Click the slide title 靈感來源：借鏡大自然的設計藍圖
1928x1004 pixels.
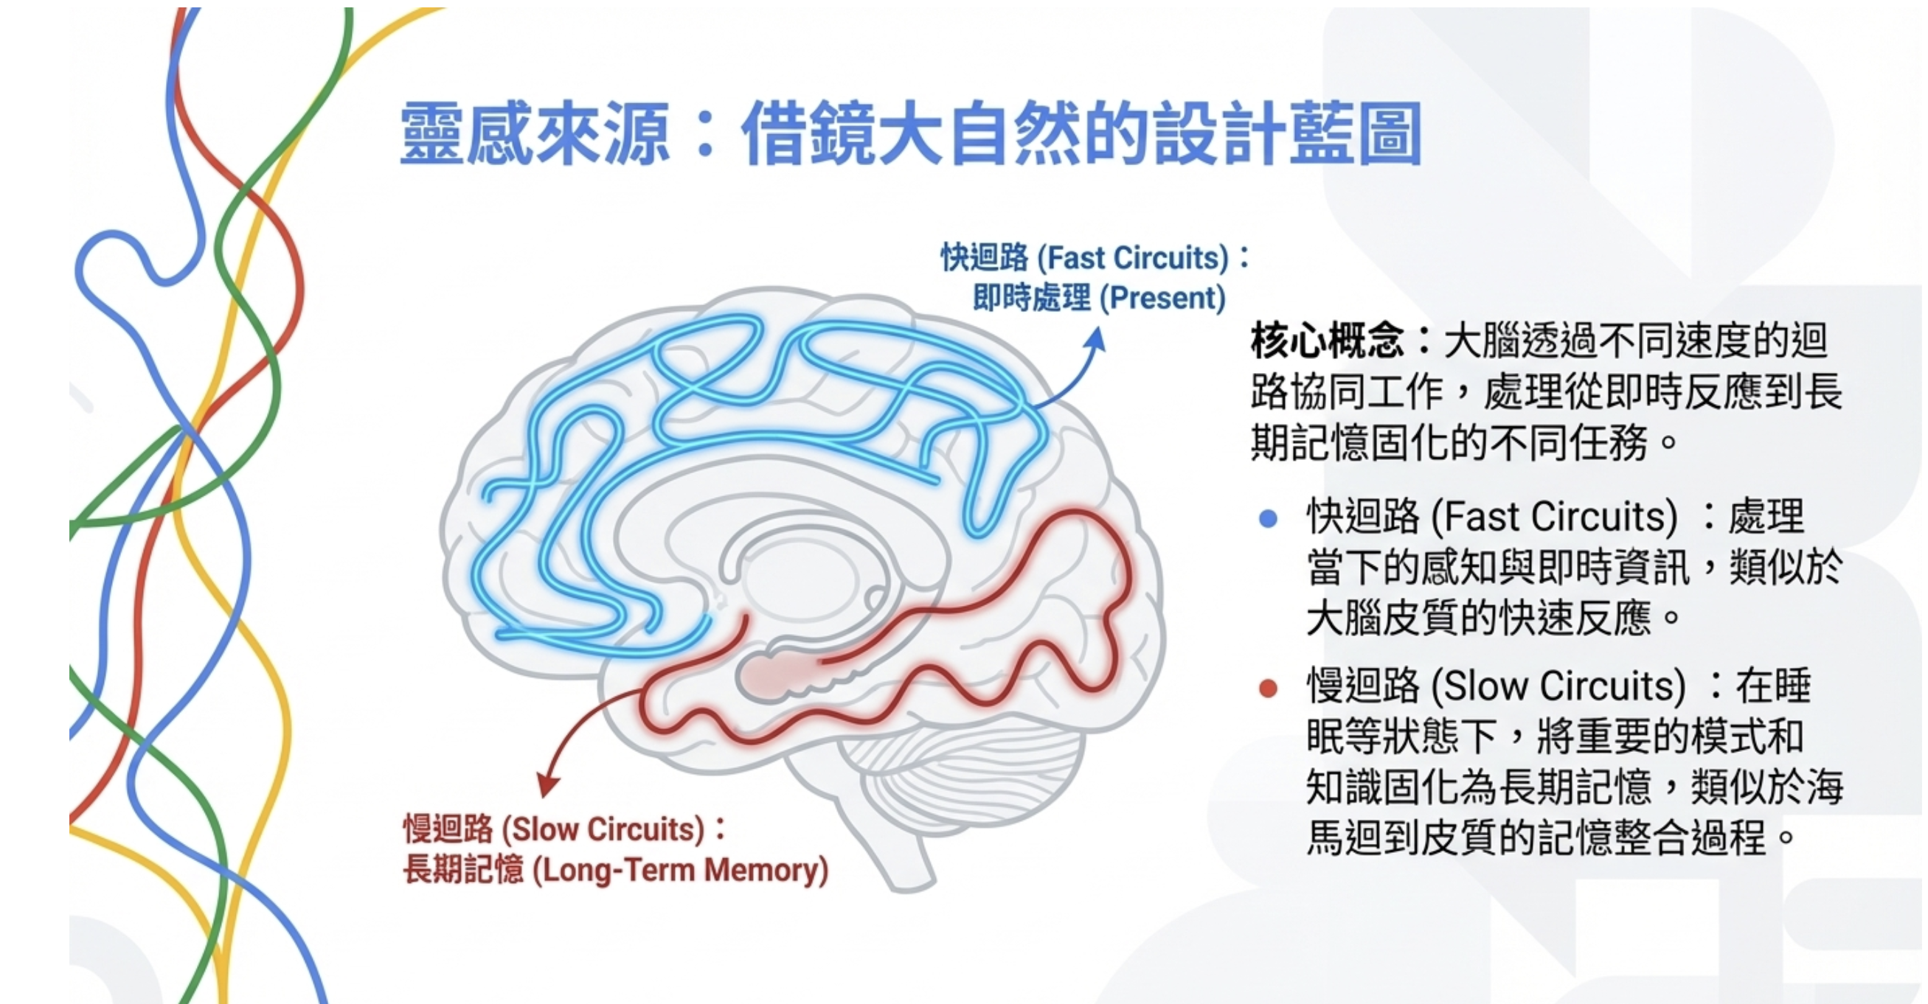coord(910,134)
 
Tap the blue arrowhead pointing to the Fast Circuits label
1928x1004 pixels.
coord(1097,341)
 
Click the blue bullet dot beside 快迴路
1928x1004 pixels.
coord(1268,518)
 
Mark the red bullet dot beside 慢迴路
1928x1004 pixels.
coord(1268,688)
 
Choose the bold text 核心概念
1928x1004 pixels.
coord(1326,341)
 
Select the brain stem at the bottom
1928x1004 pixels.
coord(898,853)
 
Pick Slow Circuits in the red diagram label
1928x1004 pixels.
coord(603,830)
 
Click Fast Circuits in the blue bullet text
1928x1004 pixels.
coord(1554,517)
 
